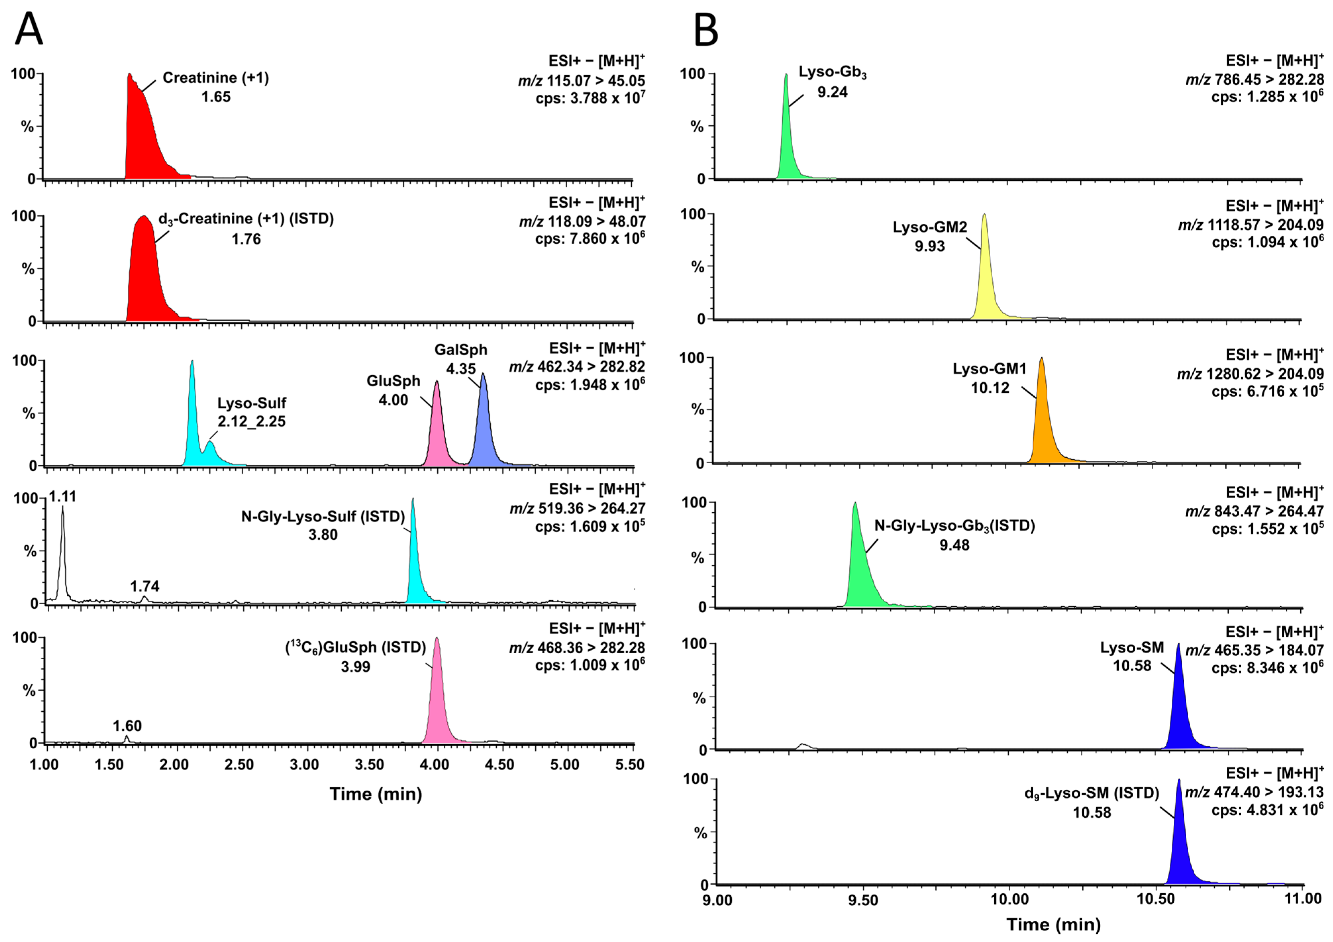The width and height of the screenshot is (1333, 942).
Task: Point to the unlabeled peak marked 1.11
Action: (63, 552)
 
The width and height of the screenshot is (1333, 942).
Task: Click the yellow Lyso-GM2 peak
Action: (984, 279)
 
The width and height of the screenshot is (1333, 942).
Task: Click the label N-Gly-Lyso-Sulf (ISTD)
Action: (323, 516)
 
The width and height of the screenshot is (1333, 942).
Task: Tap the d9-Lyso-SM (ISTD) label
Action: (1092, 793)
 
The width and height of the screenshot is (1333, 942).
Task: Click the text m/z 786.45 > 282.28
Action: (1254, 79)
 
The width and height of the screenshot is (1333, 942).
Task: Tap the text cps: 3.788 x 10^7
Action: (590, 98)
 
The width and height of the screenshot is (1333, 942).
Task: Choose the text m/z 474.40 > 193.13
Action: (1254, 792)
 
